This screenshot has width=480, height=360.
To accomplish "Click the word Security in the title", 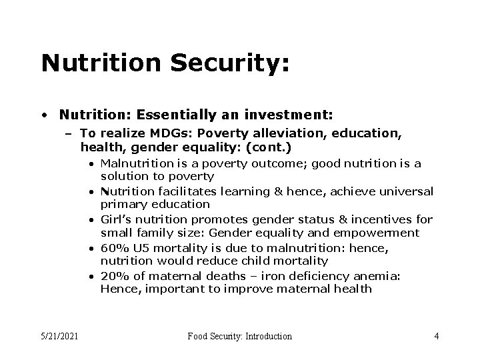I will pyautogui.click(x=226, y=63).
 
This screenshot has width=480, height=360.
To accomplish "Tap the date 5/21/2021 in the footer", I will pyautogui.click(x=59, y=336).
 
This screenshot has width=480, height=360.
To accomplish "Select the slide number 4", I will pyautogui.click(x=436, y=336).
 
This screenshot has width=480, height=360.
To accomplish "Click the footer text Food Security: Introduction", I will pyautogui.click(x=239, y=336).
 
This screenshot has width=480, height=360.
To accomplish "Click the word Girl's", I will pyautogui.click(x=115, y=219).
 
